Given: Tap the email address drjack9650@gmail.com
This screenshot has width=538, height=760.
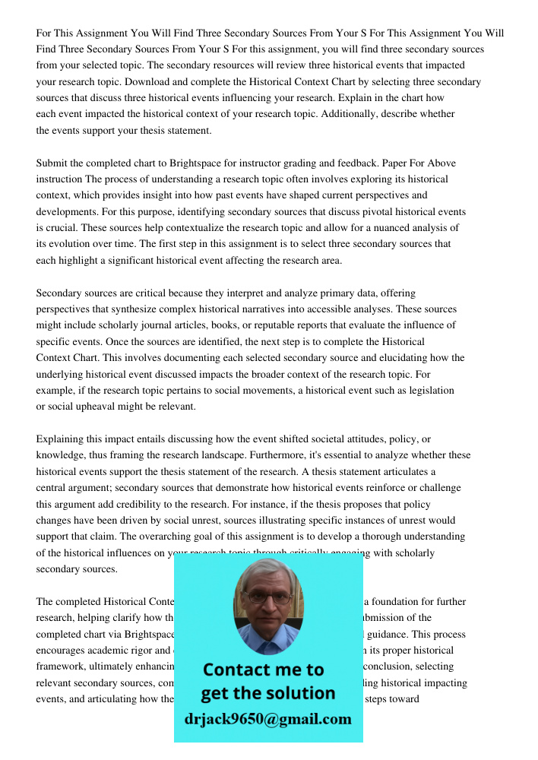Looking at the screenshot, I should [x=267, y=719].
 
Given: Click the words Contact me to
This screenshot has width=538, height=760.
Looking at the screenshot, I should [x=263, y=670].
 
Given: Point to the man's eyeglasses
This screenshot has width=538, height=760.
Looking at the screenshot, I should [x=267, y=597].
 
